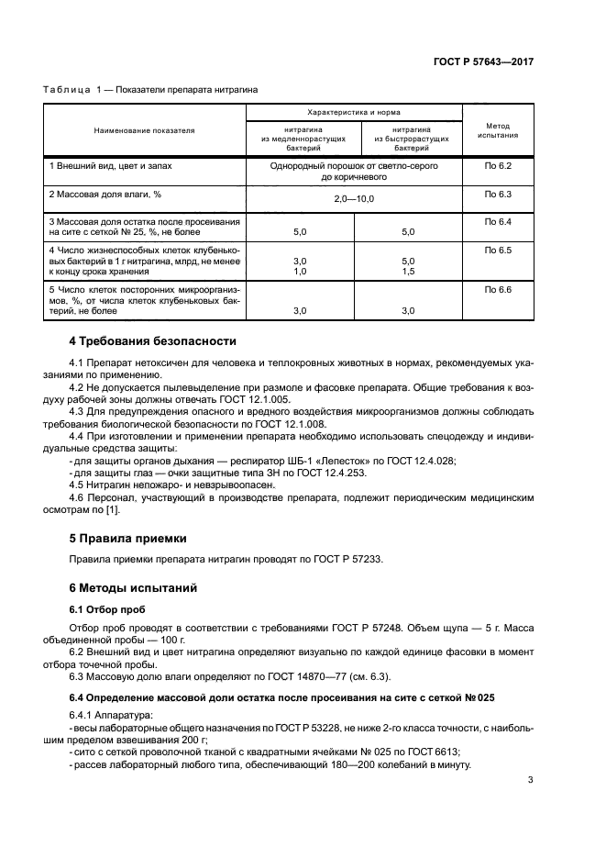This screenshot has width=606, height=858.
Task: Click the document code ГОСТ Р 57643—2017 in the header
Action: tap(483, 61)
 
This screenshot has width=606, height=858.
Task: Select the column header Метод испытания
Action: tap(498, 130)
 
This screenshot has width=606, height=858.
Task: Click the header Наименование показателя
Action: tap(144, 130)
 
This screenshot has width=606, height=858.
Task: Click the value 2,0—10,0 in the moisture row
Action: tap(353, 198)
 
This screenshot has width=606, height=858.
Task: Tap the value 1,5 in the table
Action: tap(408, 272)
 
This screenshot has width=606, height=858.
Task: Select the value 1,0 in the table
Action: tap(299, 272)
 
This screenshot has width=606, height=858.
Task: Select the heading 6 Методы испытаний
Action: tap(133, 587)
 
